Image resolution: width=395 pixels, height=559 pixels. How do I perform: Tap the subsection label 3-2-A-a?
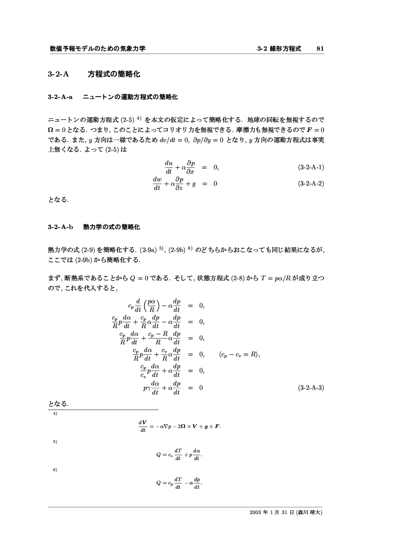(x=60, y=97)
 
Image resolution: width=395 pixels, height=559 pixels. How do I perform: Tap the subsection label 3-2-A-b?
(x=60, y=227)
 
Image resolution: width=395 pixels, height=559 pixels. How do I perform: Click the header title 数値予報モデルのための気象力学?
(x=98, y=48)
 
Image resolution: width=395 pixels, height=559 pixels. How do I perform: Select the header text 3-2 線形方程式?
(x=279, y=48)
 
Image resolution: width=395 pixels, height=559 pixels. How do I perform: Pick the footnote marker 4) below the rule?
(x=55, y=413)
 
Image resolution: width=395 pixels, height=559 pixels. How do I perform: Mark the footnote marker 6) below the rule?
(x=55, y=470)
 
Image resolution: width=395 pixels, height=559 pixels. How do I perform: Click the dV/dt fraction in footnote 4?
(x=142, y=426)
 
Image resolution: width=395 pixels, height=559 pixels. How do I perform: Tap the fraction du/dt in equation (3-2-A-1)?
(x=168, y=167)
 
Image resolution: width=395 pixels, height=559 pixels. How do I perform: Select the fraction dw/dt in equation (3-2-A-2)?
(x=157, y=183)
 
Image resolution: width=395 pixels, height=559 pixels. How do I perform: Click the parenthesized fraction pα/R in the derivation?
(x=151, y=306)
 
